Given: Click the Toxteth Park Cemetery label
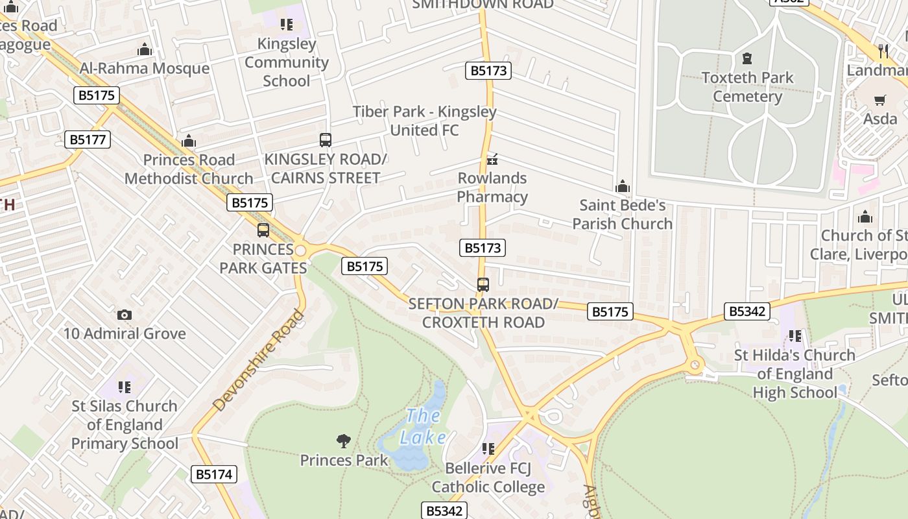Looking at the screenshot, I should pyautogui.click(x=747, y=87).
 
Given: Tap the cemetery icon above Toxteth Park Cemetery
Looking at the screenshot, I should pyautogui.click(x=747, y=58).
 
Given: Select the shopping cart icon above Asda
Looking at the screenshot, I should pyautogui.click(x=880, y=100).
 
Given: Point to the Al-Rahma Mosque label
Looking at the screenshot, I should pyautogui.click(x=144, y=68).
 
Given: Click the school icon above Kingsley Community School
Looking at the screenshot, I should pyautogui.click(x=286, y=25).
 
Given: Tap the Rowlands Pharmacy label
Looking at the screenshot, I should pyautogui.click(x=492, y=187).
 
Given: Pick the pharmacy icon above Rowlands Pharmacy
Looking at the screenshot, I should pyautogui.click(x=492, y=159).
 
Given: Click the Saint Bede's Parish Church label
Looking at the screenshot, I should pyautogui.click(x=622, y=214).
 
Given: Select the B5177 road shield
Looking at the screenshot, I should pyautogui.click(x=88, y=139).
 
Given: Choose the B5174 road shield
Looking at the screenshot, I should pyautogui.click(x=214, y=474).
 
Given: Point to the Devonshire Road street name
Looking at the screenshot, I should pyautogui.click(x=258, y=361).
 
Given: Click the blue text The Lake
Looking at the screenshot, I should pyautogui.click(x=422, y=426).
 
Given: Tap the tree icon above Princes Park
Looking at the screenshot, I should pyautogui.click(x=344, y=441).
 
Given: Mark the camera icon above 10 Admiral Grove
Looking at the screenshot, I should pyautogui.click(x=125, y=315).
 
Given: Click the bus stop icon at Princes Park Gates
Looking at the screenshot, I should pyautogui.click(x=263, y=230).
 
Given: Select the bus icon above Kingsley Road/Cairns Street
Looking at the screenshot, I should pyautogui.click(x=326, y=140).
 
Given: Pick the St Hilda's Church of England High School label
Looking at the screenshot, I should pyautogui.click(x=794, y=374).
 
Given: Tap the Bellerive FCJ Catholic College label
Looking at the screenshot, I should pyautogui.click(x=488, y=477).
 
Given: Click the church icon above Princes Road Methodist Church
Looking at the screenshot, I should pyautogui.click(x=189, y=141).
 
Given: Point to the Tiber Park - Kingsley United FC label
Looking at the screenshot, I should pyautogui.click(x=424, y=121).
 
